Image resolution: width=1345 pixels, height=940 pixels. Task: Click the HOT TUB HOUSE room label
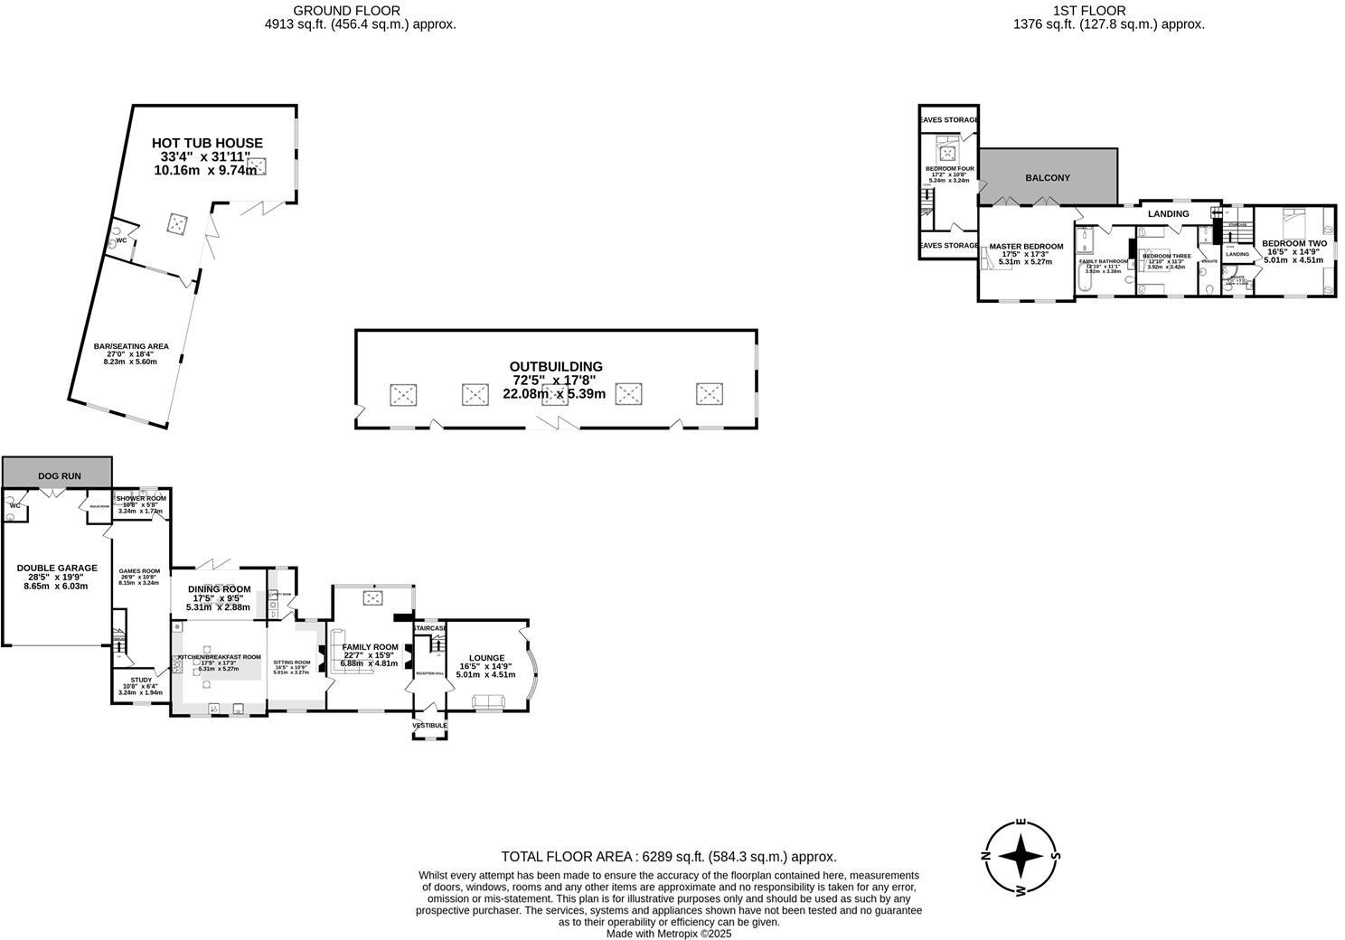pyautogui.click(x=207, y=143)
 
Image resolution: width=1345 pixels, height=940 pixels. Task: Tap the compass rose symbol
pyautogui.click(x=1021, y=855)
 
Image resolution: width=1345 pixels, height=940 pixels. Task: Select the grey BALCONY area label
pyautogui.click(x=1047, y=178)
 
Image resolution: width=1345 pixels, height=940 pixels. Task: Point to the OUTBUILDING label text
pyautogui.click(x=555, y=366)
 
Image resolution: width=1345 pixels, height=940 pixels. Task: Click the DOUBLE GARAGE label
pyautogui.click(x=57, y=568)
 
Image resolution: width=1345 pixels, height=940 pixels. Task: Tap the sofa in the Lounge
pyautogui.click(x=488, y=702)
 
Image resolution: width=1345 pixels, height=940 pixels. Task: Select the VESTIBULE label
pyautogui.click(x=429, y=726)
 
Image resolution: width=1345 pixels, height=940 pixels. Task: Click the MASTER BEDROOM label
pyautogui.click(x=1026, y=246)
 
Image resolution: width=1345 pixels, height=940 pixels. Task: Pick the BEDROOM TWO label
pyautogui.click(x=1293, y=243)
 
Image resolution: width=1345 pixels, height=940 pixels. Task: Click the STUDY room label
pyautogui.click(x=141, y=680)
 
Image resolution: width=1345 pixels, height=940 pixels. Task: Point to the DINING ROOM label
pyautogui.click(x=219, y=589)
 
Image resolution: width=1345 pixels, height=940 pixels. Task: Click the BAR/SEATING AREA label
pyautogui.click(x=131, y=346)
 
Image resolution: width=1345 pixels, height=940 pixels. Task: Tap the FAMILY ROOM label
pyautogui.click(x=370, y=647)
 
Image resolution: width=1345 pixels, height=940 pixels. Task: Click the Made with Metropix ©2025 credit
pyautogui.click(x=669, y=934)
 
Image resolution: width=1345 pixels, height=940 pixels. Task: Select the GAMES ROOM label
pyautogui.click(x=139, y=570)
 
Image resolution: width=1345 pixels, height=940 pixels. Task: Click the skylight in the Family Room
pyautogui.click(x=373, y=597)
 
